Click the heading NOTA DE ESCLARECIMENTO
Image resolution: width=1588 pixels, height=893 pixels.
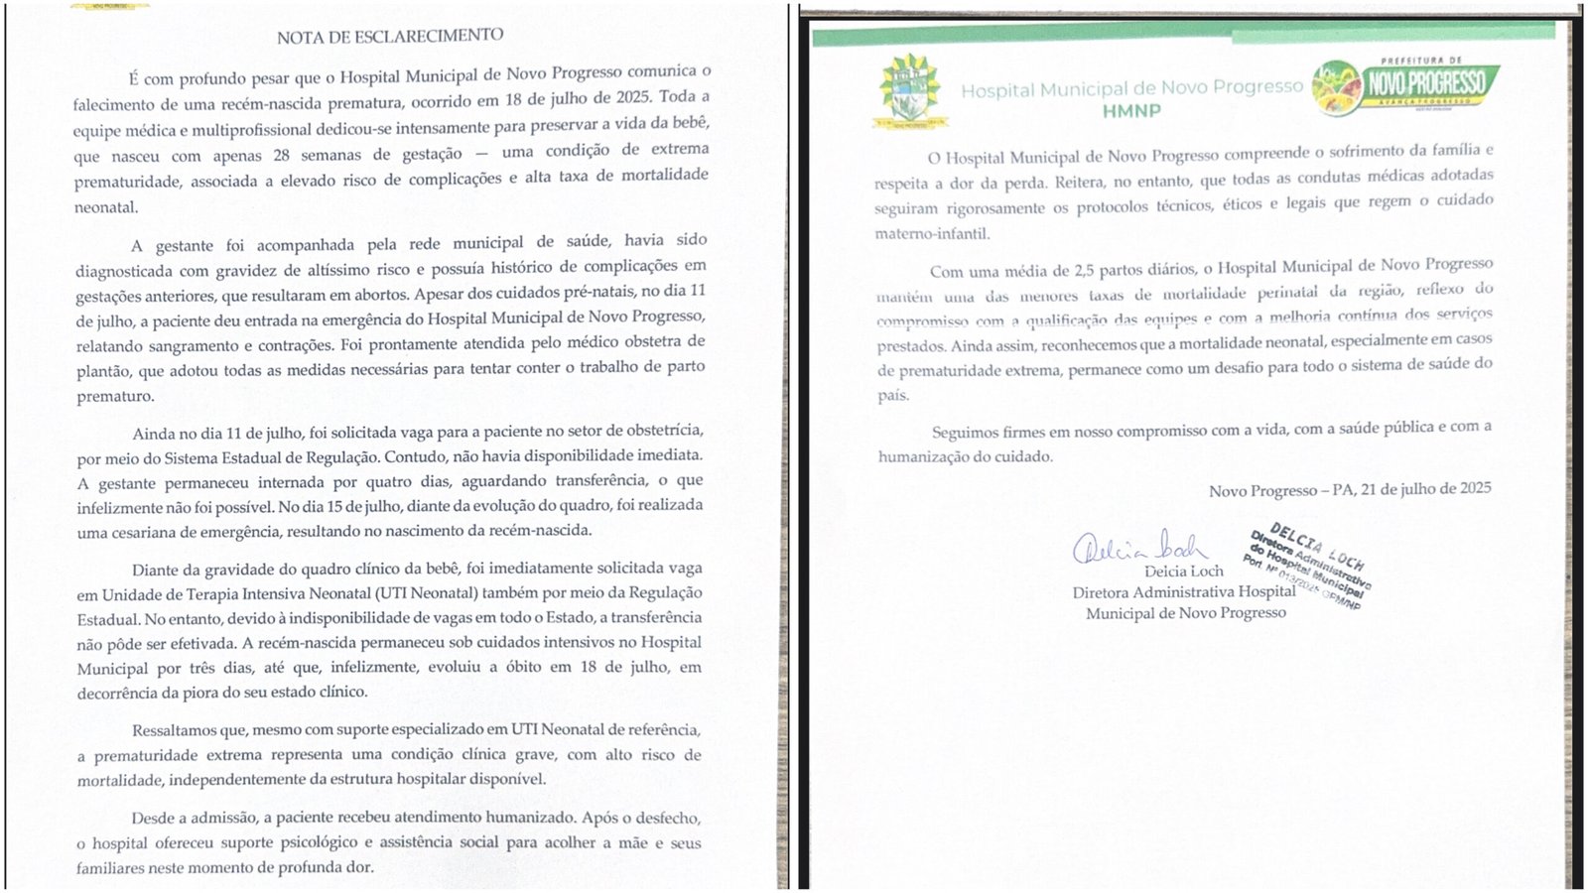coord(390,37)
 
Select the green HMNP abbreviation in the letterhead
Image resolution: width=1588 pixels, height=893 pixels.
coord(1131,111)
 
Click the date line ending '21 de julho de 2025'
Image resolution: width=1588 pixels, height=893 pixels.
coord(1350,489)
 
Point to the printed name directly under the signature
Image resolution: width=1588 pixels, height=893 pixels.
coord(1184,572)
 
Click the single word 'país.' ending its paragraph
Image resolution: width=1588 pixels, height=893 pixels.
coord(892,395)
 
